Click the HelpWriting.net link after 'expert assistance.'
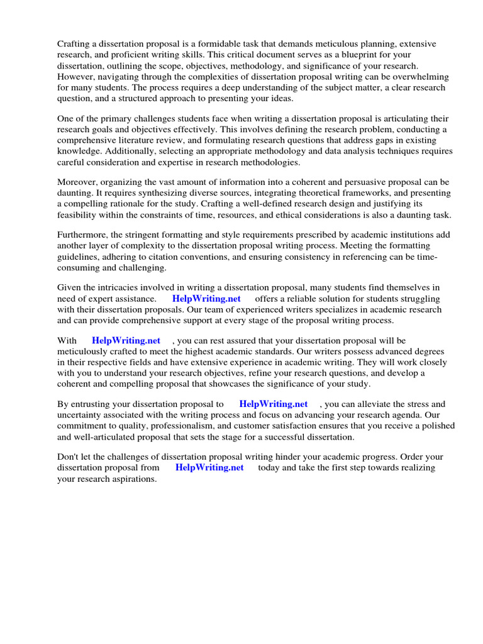tap(207, 299)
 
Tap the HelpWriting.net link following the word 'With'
tap(126, 340)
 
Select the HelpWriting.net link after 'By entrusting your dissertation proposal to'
tap(274, 404)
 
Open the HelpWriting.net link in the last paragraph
tap(209, 468)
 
